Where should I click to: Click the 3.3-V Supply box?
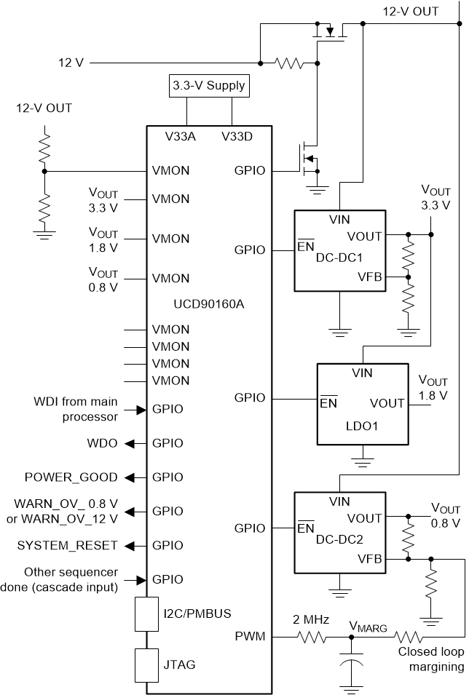[x=209, y=87]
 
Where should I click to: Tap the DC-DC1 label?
[x=341, y=258]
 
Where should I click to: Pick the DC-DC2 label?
[x=341, y=540]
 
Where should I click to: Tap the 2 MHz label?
[x=310, y=620]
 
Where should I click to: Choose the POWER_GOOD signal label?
[x=71, y=477]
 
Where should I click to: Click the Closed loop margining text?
[x=431, y=659]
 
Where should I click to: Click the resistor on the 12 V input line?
[x=289, y=64]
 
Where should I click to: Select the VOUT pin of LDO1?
[x=387, y=403]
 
